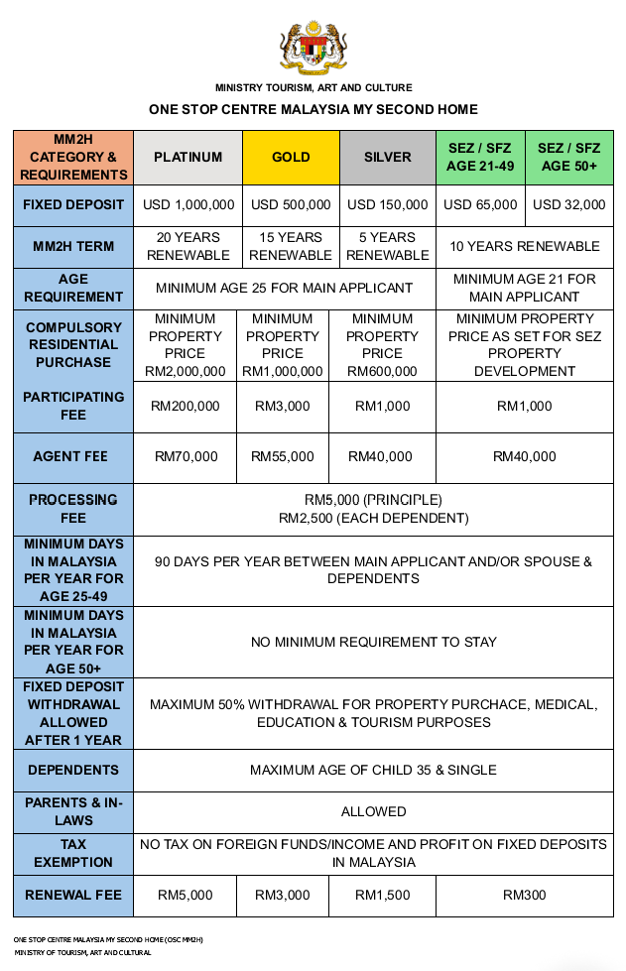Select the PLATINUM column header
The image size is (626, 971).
188,157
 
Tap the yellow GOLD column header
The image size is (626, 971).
291,157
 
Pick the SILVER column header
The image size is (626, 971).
387,157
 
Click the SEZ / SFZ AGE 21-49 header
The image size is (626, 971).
480,157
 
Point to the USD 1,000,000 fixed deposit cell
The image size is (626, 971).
188,205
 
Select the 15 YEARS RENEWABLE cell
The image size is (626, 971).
291,246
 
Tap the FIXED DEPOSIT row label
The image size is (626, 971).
73,205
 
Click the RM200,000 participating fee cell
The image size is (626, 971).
188,406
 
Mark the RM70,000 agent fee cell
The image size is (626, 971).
188,457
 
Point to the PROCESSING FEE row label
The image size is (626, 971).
73,509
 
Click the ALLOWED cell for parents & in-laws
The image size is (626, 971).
373,811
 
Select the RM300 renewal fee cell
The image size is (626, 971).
525,895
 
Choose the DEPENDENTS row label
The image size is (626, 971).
73,770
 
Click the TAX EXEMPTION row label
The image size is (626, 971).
73,853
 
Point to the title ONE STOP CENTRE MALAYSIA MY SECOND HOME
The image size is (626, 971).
313,109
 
